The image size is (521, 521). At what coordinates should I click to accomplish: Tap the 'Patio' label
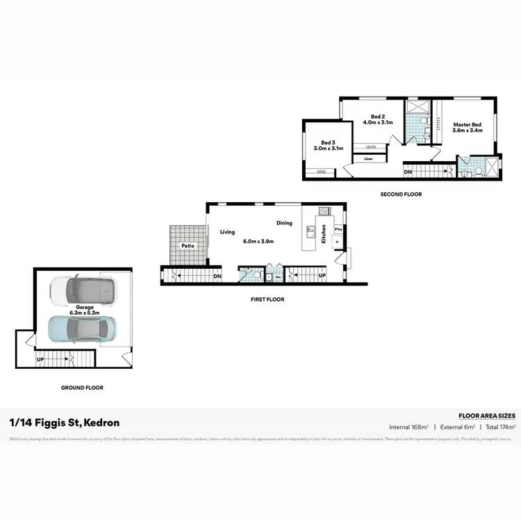coord(188,246)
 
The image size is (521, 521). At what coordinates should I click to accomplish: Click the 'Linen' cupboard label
coord(368,158)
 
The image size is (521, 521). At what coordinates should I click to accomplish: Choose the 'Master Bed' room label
coord(468,124)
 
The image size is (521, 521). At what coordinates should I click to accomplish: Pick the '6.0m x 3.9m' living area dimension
coord(258,241)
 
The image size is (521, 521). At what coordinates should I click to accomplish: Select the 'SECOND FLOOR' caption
coord(401,195)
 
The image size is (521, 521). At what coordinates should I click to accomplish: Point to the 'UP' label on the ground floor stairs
coord(40,359)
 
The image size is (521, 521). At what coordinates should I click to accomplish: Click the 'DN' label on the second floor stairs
coord(408,172)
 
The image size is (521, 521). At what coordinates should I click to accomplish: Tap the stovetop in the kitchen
coord(323,210)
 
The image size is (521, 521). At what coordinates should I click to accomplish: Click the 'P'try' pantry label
coord(338,228)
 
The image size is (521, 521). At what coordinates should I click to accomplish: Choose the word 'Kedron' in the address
coord(101,422)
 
